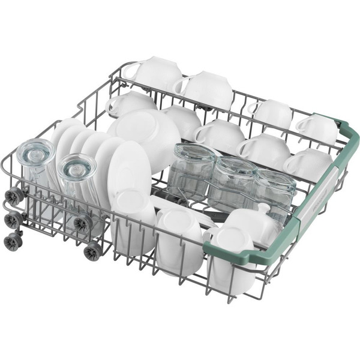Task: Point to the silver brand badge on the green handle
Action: tap(312, 201)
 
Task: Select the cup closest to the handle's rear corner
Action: tap(317, 129)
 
